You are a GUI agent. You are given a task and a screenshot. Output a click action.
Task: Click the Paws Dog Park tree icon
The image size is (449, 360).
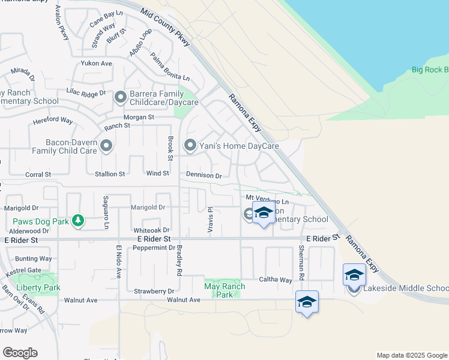pyautogui.click(x=77, y=221)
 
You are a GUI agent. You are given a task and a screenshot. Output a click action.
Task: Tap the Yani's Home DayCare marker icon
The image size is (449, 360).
pyautogui.click(x=190, y=145)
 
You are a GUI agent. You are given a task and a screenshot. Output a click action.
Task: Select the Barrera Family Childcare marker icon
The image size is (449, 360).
pyautogui.click(x=121, y=97)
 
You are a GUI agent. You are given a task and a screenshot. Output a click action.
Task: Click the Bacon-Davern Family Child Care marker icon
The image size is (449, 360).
pyautogui.click(x=106, y=146)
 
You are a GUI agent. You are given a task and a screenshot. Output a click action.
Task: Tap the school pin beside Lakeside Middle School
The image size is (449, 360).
pyautogui.click(x=354, y=275)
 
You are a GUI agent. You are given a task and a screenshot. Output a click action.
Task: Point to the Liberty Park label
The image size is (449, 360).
pyautogui.click(x=38, y=287)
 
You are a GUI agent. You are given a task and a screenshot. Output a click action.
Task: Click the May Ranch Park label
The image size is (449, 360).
pyautogui.click(x=225, y=290)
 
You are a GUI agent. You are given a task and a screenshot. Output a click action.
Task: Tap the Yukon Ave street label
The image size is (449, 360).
pyautogui.click(x=97, y=63)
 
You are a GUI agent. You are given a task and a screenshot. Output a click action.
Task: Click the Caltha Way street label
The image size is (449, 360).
pyautogui.click(x=275, y=280)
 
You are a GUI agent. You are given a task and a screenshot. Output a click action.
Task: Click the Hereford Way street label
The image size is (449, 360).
pyautogui.click(x=53, y=121)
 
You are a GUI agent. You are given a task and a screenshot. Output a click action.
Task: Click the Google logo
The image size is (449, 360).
pyautogui.click(x=20, y=353)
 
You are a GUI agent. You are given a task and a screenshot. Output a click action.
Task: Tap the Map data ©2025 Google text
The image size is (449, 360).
pyautogui.click(x=411, y=355)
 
